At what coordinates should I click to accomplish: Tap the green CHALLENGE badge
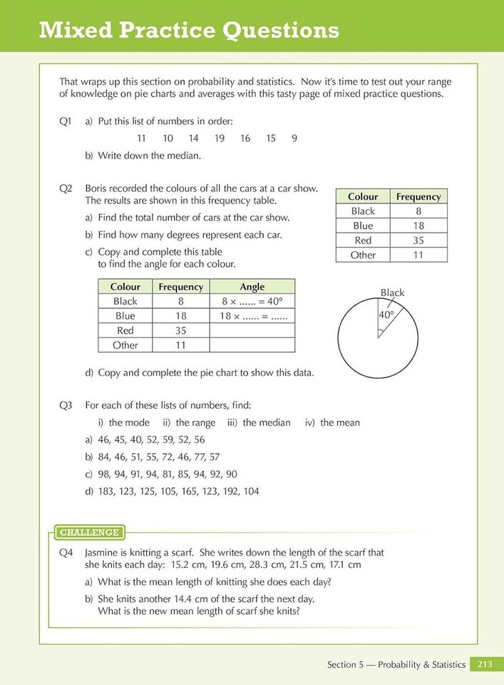coord(89,532)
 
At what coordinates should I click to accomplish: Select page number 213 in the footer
coord(485,664)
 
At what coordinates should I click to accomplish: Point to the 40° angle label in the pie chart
coord(386,314)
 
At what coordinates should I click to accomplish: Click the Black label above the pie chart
coord(392,293)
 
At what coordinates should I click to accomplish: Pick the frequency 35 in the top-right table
coord(418,240)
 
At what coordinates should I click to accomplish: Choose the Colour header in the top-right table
coord(363,196)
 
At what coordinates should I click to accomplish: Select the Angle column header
coord(252,287)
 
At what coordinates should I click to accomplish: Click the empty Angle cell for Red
coord(252,330)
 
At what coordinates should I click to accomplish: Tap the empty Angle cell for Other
coord(252,345)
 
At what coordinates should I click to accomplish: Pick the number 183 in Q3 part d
coord(107,491)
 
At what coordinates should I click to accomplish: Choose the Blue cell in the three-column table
coord(125,316)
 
